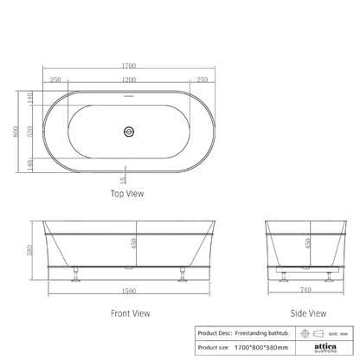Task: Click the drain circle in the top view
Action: pos(130,132)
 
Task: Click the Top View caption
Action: pos(128,195)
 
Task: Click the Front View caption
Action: pos(128,314)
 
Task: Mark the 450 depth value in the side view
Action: pos(309,245)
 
